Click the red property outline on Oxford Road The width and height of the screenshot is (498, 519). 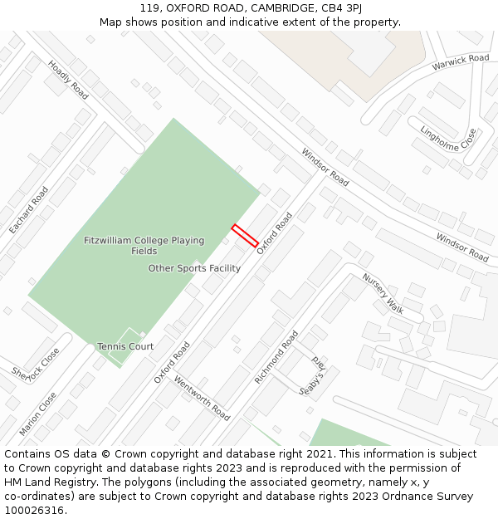(244, 235)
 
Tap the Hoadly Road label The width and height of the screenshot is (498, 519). (68, 79)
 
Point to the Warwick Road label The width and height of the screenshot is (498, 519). (461, 63)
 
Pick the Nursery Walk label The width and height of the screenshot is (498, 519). (383, 293)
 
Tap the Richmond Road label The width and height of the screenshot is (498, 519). (276, 357)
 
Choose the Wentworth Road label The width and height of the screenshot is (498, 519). (202, 397)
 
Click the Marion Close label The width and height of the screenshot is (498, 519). (38, 414)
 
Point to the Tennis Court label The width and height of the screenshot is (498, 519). (125, 346)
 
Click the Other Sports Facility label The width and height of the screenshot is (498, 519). (194, 268)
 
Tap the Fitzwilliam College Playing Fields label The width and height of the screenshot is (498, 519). (144, 246)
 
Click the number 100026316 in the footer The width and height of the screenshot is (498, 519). (34, 511)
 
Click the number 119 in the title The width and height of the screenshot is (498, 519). (149, 7)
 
